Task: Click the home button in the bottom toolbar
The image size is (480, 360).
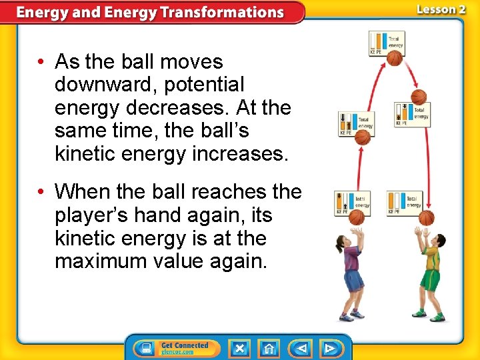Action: pos(269,348)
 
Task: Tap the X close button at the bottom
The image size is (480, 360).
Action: pos(239,348)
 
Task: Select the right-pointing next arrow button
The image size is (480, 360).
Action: pos(329,348)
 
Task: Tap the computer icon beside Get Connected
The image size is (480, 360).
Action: pos(144,348)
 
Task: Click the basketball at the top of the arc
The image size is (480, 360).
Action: pos(395,59)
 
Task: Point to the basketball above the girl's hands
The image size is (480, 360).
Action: pos(357,217)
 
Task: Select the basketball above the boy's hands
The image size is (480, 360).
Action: pos(427,218)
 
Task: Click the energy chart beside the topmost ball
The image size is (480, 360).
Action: pos(386,43)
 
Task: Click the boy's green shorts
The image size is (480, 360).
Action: pos(430,279)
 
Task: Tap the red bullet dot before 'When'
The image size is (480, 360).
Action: pos(41,192)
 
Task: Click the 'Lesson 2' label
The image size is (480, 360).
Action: pos(441,9)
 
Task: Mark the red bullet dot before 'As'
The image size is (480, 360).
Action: pos(41,62)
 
